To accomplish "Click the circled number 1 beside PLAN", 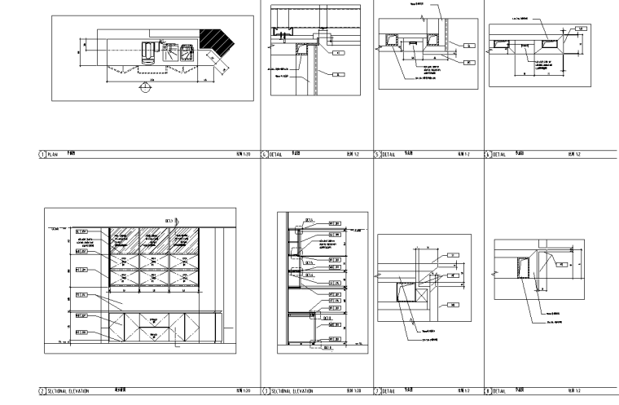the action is click(42, 153).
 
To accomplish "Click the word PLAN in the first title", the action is click(53, 153).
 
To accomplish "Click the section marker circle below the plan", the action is click(144, 89).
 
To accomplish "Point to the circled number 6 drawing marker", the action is click(264, 153).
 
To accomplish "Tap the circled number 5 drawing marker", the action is click(376, 153).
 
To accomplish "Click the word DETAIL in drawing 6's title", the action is click(275, 153).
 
